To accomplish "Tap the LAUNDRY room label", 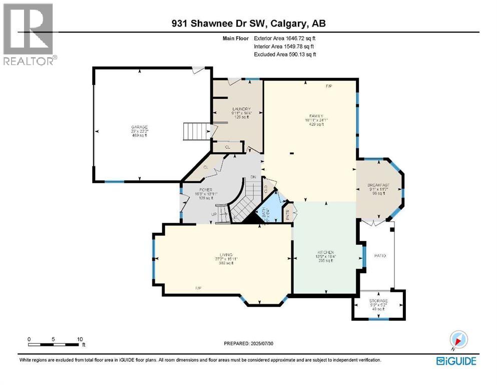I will (x=241, y=109).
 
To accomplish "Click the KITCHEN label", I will (x=325, y=252).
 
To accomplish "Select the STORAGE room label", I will (x=378, y=301).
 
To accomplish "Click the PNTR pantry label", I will (x=287, y=213).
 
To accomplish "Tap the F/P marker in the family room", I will (x=329, y=86).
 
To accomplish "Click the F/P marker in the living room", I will (x=199, y=288).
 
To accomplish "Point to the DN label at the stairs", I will (x=253, y=177).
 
